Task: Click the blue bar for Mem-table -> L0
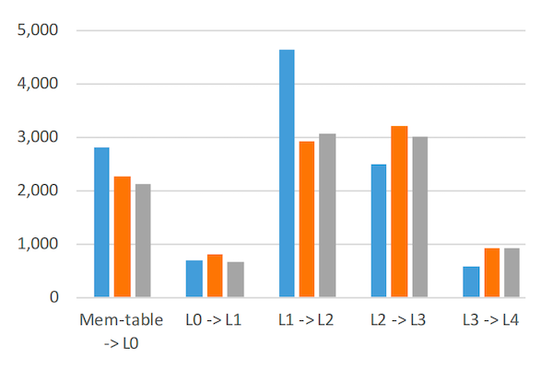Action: (x=101, y=223)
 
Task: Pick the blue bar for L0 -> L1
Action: (x=194, y=279)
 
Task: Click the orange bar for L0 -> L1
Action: (x=215, y=276)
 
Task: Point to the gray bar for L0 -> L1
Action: (x=235, y=280)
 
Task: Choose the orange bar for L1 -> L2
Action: (x=307, y=219)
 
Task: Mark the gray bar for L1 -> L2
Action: (x=327, y=215)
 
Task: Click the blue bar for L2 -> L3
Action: (x=379, y=231)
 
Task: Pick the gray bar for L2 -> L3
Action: (x=419, y=217)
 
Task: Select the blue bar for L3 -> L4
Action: (x=471, y=282)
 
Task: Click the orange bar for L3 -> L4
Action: (x=491, y=272)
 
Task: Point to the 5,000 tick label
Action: (x=38, y=30)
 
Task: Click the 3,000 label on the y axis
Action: (x=38, y=137)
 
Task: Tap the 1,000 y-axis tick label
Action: (x=38, y=245)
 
